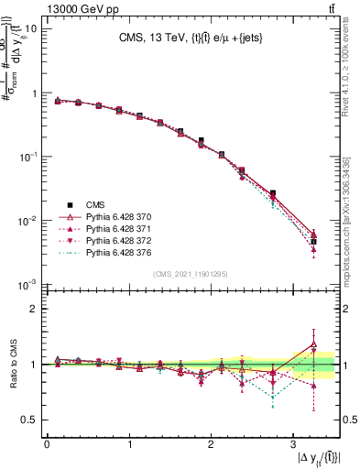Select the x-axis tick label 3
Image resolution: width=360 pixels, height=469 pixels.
[292, 446]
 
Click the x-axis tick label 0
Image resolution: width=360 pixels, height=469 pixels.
[46, 446]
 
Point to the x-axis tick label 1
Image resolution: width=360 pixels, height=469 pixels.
[128, 446]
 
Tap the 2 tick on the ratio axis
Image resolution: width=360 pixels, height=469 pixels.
[34, 309]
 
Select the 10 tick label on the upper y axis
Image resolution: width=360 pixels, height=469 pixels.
[29, 28]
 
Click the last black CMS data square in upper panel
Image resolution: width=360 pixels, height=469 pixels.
[313, 242]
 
